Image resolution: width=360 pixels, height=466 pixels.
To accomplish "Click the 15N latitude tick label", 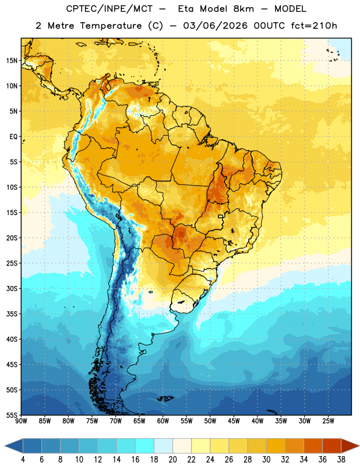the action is (x=12, y=61).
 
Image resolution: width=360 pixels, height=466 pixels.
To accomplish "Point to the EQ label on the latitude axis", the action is (x=13, y=137).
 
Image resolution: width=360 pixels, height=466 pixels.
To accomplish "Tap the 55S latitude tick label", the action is (x=12, y=415).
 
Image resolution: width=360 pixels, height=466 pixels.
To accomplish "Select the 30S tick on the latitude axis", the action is (x=12, y=288).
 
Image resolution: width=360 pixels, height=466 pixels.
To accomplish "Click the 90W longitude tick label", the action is (x=21, y=421).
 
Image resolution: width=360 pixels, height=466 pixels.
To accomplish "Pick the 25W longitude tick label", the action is (x=328, y=421).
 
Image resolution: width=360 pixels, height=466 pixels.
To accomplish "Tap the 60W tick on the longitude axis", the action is (x=163, y=421).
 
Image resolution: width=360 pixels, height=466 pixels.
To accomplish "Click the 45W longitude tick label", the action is (x=234, y=421).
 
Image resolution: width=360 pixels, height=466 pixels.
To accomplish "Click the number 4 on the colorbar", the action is (x=23, y=460).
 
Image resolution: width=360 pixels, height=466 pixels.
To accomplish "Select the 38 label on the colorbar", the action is (x=341, y=460).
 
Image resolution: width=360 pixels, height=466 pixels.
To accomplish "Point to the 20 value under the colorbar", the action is (x=172, y=460).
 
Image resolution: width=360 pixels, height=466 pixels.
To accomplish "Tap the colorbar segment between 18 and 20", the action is (x=163, y=446).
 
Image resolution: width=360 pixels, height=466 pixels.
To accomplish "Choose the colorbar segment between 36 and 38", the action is (x=332, y=446).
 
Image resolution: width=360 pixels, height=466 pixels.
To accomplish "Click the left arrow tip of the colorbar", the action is (x=5, y=446).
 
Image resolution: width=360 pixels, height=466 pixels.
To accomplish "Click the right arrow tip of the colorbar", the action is (x=359, y=446).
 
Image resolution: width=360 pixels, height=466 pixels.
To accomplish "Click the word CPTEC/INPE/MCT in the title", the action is (x=110, y=9).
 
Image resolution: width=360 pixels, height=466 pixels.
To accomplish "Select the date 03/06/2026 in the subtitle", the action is (x=215, y=26).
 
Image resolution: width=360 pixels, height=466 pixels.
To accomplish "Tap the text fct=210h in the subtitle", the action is (x=314, y=26).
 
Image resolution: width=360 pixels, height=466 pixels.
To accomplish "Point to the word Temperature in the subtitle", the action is (x=111, y=26).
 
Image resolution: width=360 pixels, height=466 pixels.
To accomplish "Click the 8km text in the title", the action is (x=243, y=9).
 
